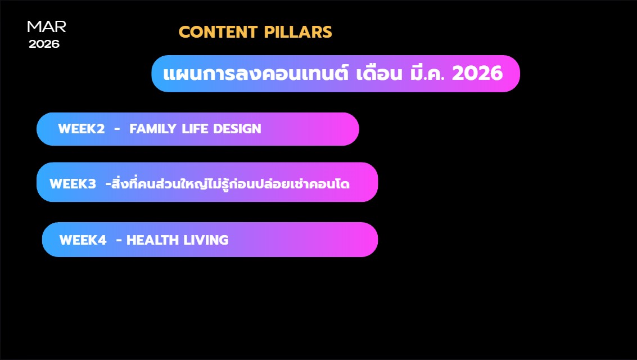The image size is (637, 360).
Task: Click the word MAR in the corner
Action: [47, 26]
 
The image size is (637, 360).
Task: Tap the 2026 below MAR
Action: [44, 44]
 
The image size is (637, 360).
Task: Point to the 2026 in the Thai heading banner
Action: [477, 74]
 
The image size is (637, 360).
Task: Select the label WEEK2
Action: [82, 129]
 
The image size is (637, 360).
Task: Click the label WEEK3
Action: [73, 184]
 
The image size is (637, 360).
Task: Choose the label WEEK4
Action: [83, 240]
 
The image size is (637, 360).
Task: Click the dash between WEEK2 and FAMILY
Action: [117, 129]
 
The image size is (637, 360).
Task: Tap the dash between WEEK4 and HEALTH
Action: [119, 240]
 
